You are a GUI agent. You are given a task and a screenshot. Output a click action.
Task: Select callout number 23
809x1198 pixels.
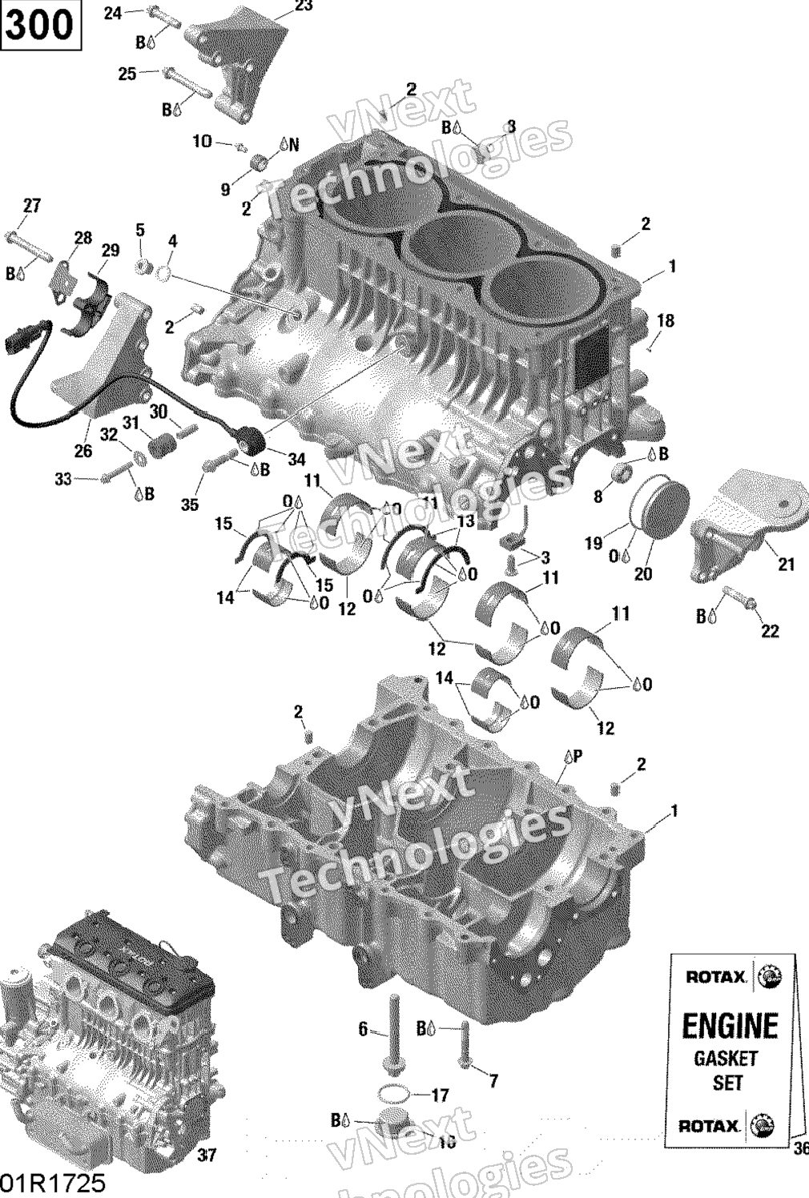(304, 6)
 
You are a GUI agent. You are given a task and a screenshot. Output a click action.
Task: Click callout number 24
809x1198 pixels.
(113, 13)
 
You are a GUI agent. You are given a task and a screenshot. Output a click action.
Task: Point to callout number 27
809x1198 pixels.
(31, 206)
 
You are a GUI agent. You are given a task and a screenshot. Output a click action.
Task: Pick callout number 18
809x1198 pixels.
(666, 321)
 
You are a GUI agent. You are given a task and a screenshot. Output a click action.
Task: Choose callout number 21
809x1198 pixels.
(786, 564)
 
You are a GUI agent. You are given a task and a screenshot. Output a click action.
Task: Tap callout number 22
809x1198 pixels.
(769, 631)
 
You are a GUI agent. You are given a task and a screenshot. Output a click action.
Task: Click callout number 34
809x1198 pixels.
(296, 460)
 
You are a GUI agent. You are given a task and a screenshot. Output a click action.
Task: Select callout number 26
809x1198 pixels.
(83, 451)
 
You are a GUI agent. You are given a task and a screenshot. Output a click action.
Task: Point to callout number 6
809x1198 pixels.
(362, 1030)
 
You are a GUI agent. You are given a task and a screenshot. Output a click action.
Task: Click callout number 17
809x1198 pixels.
(440, 1095)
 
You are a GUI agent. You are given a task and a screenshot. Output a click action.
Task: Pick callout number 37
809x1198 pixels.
(207, 1155)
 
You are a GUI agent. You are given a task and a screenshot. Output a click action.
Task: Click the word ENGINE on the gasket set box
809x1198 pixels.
(729, 1026)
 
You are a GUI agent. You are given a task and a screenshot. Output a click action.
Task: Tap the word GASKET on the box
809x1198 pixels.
(725, 1059)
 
